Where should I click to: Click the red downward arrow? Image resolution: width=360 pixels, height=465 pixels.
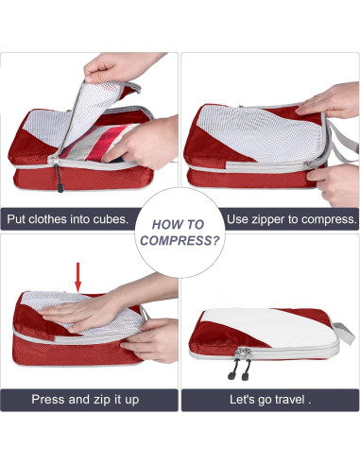[77, 277]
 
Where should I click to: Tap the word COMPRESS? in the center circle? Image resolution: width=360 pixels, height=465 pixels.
[180, 241]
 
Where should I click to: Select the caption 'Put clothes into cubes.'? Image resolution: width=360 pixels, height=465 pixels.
[67, 219]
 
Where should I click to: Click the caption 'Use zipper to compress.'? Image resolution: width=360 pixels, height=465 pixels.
[292, 219]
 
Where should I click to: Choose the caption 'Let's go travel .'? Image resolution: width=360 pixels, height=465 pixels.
[270, 400]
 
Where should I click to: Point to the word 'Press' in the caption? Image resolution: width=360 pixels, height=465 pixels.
[49, 400]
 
